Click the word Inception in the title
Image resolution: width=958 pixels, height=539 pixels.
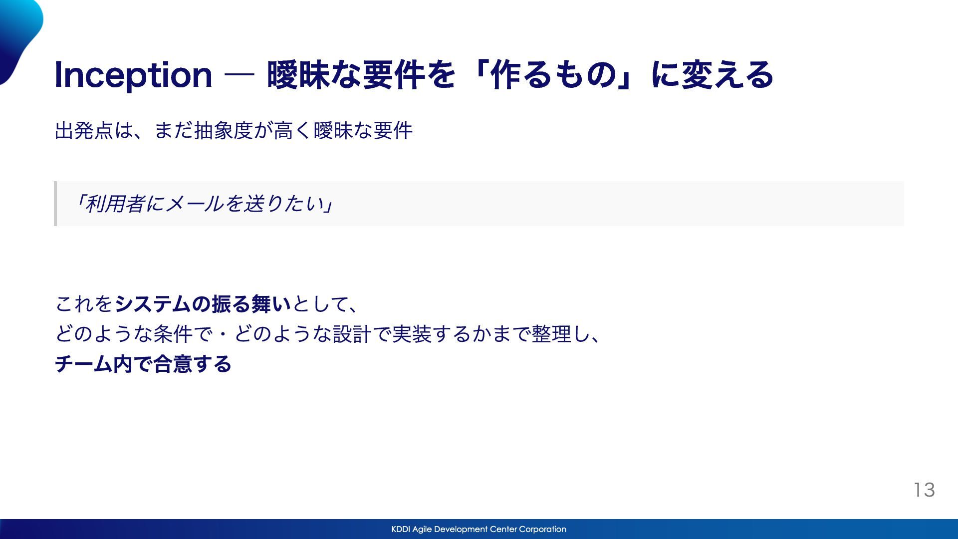pos(133,75)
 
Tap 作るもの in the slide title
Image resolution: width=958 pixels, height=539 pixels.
pos(553,75)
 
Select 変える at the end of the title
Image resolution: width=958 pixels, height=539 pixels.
pos(727,75)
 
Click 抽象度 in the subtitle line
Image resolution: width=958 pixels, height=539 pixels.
pos(224,131)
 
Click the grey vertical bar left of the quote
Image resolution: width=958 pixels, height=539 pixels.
pos(55,204)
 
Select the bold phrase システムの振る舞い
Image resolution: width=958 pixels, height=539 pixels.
pos(203,304)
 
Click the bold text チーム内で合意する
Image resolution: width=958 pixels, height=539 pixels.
pos(143,364)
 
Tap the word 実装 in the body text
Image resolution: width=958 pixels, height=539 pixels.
pos(412,334)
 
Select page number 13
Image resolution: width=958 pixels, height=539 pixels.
pos(924,490)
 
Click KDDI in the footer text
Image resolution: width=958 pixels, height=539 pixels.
pos(401,529)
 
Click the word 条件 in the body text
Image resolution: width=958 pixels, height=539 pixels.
pos(173,334)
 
